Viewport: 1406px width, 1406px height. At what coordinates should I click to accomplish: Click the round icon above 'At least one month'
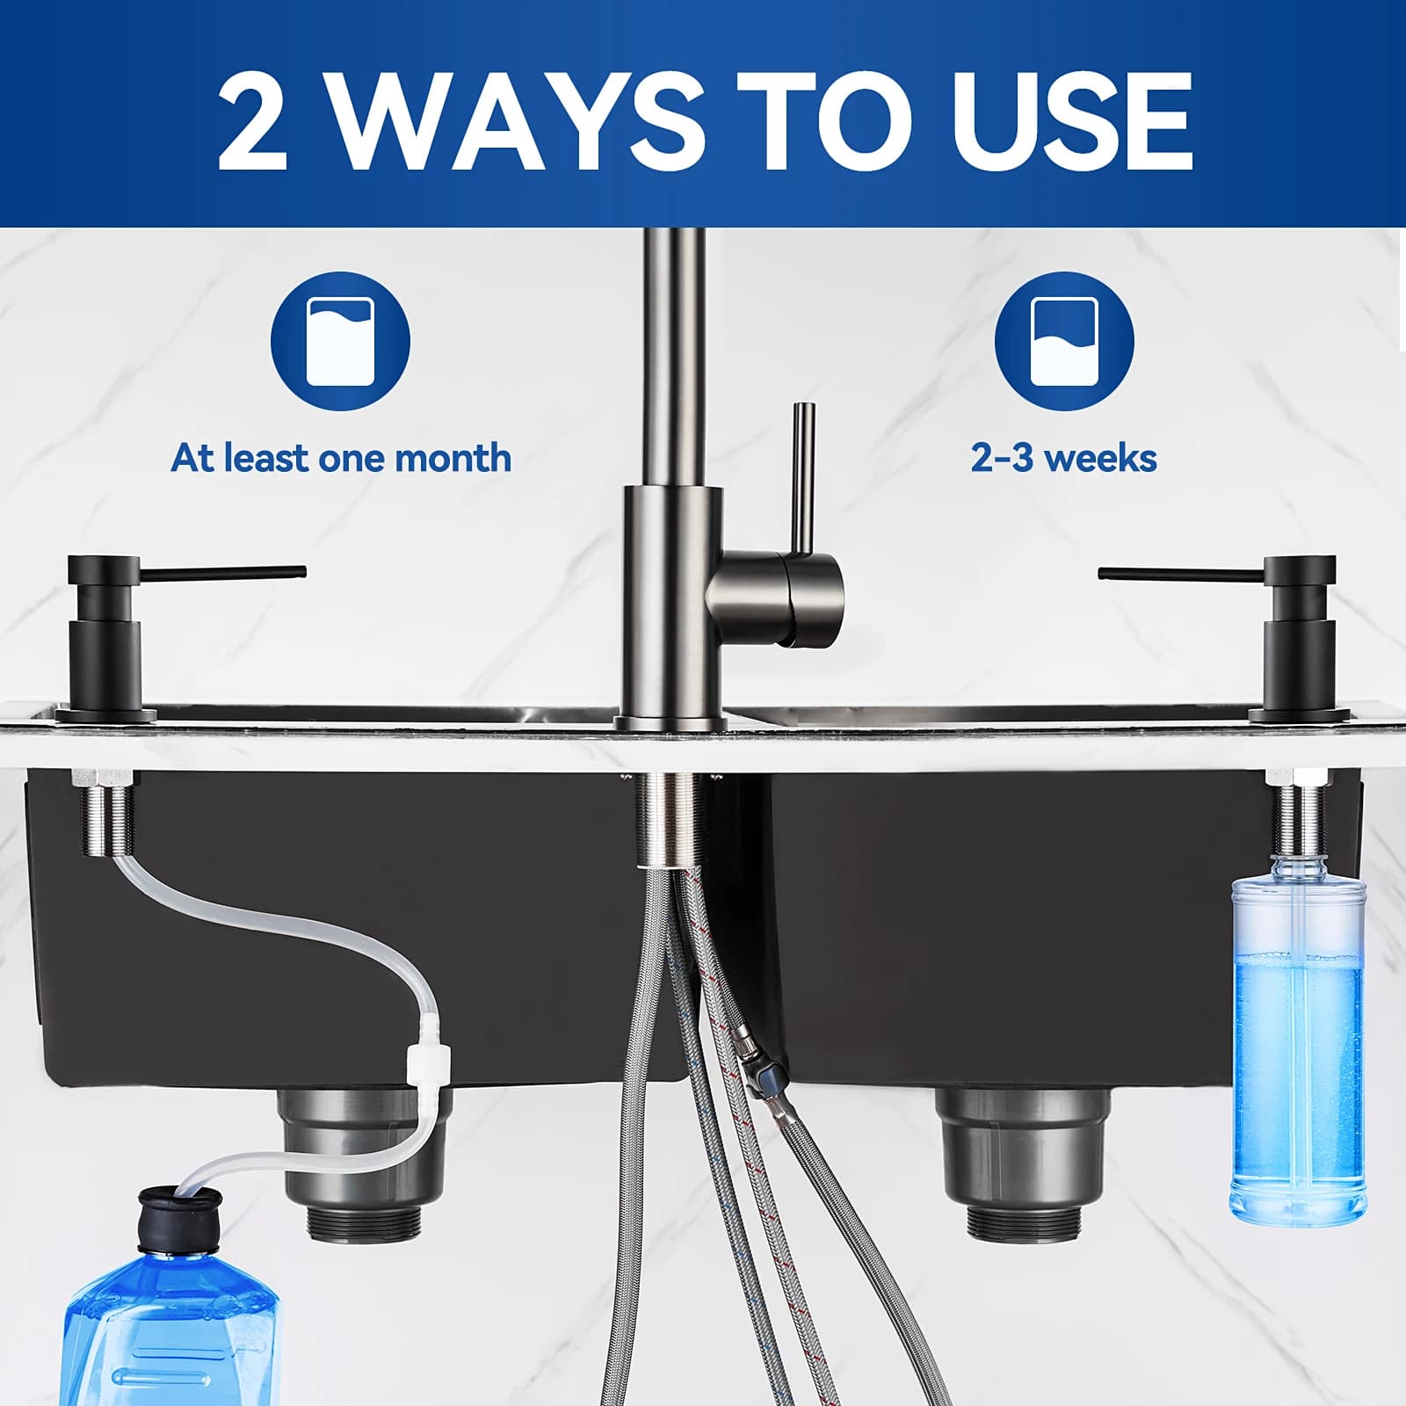click(340, 341)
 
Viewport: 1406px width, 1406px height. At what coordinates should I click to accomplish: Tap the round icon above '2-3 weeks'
click(1064, 341)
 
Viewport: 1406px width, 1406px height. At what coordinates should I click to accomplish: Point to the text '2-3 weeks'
click(1063, 458)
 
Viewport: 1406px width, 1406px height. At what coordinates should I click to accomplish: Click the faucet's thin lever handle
click(802, 479)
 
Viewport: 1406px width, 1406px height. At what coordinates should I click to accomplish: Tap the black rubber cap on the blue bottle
click(181, 1216)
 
